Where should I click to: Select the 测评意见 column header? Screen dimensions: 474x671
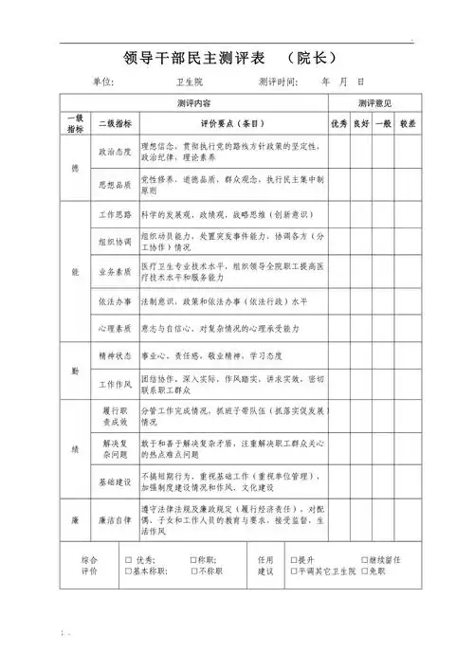(x=374, y=102)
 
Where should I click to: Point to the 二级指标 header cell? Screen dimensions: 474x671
(x=116, y=124)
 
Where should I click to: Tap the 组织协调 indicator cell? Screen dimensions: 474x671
(x=116, y=242)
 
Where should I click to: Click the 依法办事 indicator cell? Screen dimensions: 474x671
(x=116, y=300)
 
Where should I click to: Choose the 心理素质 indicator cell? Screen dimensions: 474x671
(x=116, y=328)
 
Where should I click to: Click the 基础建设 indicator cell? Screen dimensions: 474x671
(x=116, y=481)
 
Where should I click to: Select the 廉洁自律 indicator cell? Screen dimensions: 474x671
(x=116, y=520)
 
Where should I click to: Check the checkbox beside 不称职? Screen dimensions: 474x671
(x=193, y=572)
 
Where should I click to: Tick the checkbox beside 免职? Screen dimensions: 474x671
(x=364, y=572)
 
